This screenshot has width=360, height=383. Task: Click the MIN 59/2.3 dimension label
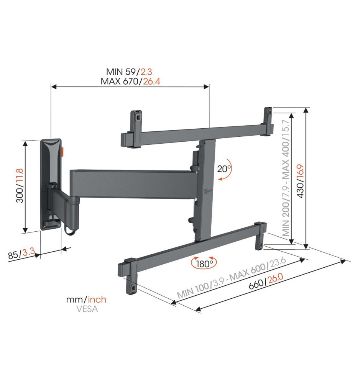[x=129, y=72]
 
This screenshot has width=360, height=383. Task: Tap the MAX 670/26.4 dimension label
[x=130, y=81]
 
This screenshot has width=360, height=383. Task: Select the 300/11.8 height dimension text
[x=20, y=185]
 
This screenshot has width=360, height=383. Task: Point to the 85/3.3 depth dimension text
[x=21, y=254]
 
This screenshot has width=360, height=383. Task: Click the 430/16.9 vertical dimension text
[x=300, y=181]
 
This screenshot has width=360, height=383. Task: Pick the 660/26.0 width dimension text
[x=266, y=281]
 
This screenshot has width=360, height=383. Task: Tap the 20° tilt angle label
[x=224, y=169]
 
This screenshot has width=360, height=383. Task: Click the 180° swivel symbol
[x=204, y=263]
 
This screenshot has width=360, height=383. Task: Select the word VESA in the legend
[x=87, y=309]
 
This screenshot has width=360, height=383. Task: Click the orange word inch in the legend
[x=97, y=300]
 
